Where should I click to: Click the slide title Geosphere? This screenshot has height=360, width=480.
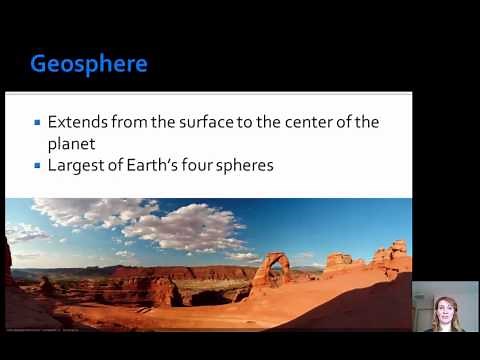(x=89, y=65)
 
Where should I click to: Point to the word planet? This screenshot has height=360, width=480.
(x=72, y=142)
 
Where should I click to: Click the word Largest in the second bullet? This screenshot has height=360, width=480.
(x=76, y=164)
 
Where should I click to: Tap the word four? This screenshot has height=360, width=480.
(x=212, y=164)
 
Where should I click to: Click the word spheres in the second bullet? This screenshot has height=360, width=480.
(x=251, y=164)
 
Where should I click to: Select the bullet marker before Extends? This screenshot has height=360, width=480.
(x=38, y=122)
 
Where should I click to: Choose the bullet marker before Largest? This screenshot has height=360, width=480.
(x=38, y=164)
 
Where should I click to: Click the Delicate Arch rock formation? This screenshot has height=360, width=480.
(x=272, y=268)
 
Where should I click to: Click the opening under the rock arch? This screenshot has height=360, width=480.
(x=272, y=273)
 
